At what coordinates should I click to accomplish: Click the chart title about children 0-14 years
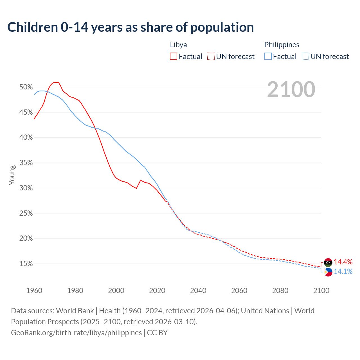coord(130,27)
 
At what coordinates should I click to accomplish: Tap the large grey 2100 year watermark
coord(291,89)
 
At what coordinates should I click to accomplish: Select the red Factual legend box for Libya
coord(174,57)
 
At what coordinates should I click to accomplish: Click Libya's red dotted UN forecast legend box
coord(211,57)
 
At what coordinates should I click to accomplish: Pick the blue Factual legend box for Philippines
coord(268,57)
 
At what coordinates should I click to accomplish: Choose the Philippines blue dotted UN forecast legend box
coord(305,57)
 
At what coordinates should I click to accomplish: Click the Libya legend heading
coord(178,45)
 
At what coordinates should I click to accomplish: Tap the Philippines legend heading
coord(282,45)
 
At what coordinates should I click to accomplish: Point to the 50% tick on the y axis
coord(26,87)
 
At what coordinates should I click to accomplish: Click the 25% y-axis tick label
coord(26,213)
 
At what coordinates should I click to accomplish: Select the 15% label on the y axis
coord(26,264)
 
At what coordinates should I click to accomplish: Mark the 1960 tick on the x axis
coord(34,291)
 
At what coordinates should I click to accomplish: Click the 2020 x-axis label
coord(157,291)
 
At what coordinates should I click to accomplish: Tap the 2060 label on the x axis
coord(239,291)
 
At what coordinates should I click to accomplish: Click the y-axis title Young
coord(12,175)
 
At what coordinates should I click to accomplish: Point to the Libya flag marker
coord(328,262)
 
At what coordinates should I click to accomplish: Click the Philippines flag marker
coord(328,272)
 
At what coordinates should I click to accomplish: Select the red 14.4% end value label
coord(343,262)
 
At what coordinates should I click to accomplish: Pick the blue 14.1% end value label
coord(343,271)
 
